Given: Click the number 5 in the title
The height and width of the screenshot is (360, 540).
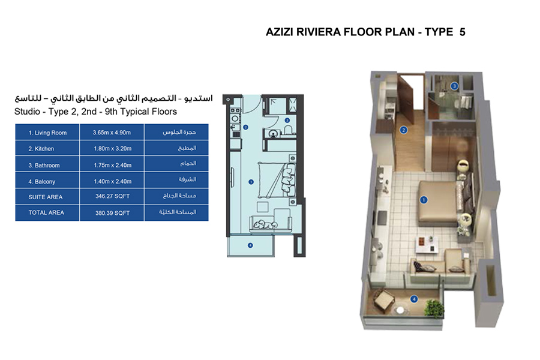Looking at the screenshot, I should click(462, 32).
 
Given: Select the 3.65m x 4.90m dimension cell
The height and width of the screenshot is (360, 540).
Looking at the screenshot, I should click(112, 133).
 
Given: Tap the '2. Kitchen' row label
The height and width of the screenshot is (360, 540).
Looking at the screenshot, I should click(43, 149).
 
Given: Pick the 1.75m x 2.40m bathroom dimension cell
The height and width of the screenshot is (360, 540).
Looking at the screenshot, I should click(112, 165).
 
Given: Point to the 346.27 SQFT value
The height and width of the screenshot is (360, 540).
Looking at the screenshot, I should click(112, 197).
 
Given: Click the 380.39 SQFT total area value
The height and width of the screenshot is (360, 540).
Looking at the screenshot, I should click(112, 212).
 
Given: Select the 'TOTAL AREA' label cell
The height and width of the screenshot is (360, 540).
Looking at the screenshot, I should click(46, 212).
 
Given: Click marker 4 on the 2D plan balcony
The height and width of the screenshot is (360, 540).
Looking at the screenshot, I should click(250, 244).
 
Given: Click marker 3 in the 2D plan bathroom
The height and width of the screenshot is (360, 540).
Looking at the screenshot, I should click(287, 120).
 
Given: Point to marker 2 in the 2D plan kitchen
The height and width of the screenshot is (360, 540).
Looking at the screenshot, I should click(247, 127).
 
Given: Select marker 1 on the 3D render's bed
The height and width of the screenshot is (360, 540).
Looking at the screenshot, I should click(423, 200).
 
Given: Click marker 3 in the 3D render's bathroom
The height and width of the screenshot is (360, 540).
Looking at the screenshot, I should click(455, 86).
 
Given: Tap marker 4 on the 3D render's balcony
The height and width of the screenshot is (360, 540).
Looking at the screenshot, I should click(413, 299).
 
